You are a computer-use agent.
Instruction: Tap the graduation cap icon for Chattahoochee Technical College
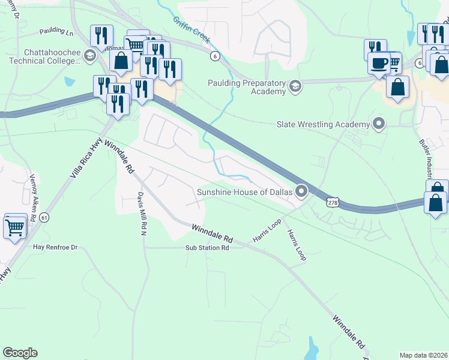pos(90,56)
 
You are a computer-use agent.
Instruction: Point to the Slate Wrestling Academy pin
pos(379,124)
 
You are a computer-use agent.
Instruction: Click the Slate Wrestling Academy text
pos(322,124)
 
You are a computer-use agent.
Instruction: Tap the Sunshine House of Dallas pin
pos(301,192)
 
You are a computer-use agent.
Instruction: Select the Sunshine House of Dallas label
pos(244,192)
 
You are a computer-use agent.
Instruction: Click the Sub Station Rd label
pos(207,247)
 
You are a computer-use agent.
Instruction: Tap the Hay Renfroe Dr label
pos(55,247)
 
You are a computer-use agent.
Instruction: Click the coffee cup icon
pos(379,63)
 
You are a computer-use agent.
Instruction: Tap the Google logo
pos(20,353)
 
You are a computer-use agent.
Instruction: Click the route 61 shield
pos(44,217)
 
